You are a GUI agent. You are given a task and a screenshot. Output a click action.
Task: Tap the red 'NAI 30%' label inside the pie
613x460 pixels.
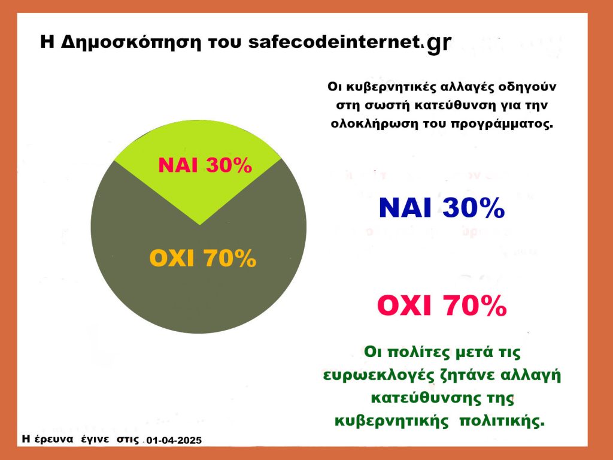coord(205,165)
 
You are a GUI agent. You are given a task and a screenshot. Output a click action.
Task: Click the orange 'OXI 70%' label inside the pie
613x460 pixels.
coord(202,258)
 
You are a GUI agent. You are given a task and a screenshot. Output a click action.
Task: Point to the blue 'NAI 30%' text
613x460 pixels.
coord(442,207)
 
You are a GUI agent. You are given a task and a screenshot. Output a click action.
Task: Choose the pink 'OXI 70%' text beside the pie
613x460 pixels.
coord(442,305)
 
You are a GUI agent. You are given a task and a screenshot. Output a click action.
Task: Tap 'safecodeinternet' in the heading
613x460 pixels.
coord(334,41)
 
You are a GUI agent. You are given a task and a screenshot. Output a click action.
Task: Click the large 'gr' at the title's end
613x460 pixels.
coord(439,43)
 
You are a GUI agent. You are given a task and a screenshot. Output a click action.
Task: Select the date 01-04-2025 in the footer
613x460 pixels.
coord(174,440)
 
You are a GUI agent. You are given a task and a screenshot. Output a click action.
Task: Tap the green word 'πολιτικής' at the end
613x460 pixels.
coord(502,421)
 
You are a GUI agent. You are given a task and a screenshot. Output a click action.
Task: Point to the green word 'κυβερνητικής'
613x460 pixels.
coord(392,421)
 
